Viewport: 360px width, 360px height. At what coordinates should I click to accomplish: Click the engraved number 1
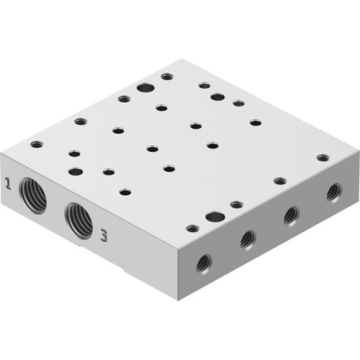coord(8,184)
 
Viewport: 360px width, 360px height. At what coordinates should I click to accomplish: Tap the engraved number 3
coord(104,236)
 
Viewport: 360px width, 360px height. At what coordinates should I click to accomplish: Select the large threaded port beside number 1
coord(33,196)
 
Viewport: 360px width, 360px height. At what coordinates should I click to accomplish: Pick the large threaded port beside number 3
coord(79,221)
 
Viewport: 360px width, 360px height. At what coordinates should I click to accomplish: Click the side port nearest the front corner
coord(204,264)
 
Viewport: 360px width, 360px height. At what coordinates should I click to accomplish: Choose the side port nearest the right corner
coord(334,193)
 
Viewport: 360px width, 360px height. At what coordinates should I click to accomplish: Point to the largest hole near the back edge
coord(145,88)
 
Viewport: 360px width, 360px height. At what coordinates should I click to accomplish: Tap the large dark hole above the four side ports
coord(215,217)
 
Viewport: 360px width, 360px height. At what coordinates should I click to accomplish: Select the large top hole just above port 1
coord(76,172)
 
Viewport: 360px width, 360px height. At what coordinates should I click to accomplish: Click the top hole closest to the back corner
coord(167,76)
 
